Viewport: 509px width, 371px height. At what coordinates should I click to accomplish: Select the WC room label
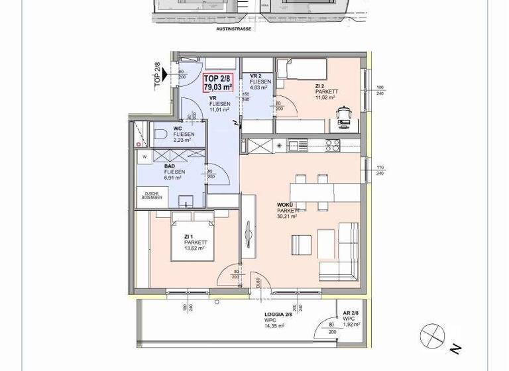click(178, 129)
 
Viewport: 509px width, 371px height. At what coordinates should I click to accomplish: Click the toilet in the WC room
click(160, 135)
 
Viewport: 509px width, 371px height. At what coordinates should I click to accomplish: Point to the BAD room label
click(170, 167)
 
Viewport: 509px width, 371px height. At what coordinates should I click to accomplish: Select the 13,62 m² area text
click(196, 249)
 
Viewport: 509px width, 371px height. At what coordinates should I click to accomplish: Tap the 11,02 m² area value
click(325, 98)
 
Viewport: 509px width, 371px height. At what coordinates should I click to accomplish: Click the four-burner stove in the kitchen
click(332, 145)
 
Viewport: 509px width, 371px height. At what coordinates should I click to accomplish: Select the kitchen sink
click(298, 144)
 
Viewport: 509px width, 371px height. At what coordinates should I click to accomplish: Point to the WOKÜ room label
click(285, 205)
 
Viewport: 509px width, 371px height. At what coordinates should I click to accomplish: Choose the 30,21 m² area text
click(287, 217)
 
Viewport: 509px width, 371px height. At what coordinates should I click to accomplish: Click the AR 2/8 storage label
click(351, 313)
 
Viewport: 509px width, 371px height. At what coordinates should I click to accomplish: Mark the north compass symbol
click(433, 336)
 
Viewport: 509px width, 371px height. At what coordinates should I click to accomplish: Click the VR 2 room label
click(256, 76)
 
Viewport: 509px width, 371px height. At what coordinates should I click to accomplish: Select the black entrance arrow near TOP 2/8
click(163, 75)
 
